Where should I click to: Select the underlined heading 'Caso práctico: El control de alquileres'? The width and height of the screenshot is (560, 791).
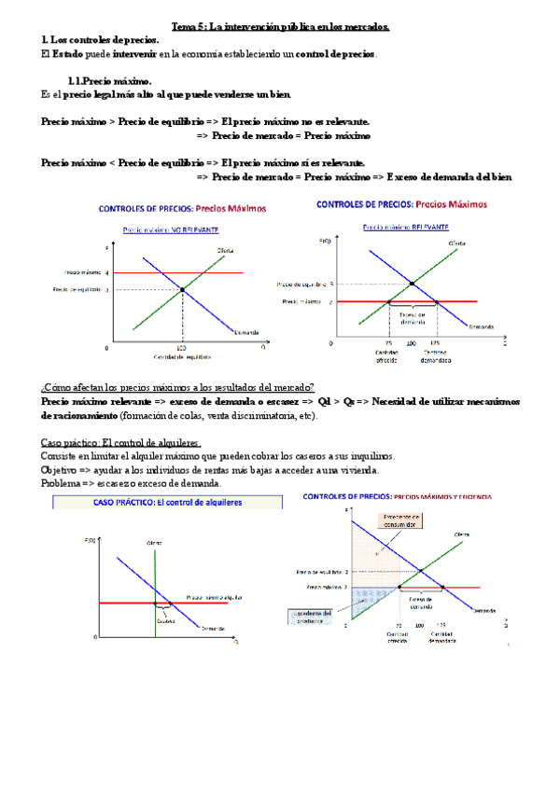click(122, 441)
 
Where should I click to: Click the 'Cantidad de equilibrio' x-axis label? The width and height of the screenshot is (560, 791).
click(182, 355)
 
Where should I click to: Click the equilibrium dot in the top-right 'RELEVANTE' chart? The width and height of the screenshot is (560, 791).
click(412, 283)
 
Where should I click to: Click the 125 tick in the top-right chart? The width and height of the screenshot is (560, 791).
click(436, 342)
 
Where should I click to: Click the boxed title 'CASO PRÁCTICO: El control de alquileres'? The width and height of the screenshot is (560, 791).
click(167, 501)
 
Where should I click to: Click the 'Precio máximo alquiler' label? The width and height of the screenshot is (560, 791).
click(217, 596)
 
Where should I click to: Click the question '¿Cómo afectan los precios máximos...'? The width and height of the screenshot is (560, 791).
click(177, 386)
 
